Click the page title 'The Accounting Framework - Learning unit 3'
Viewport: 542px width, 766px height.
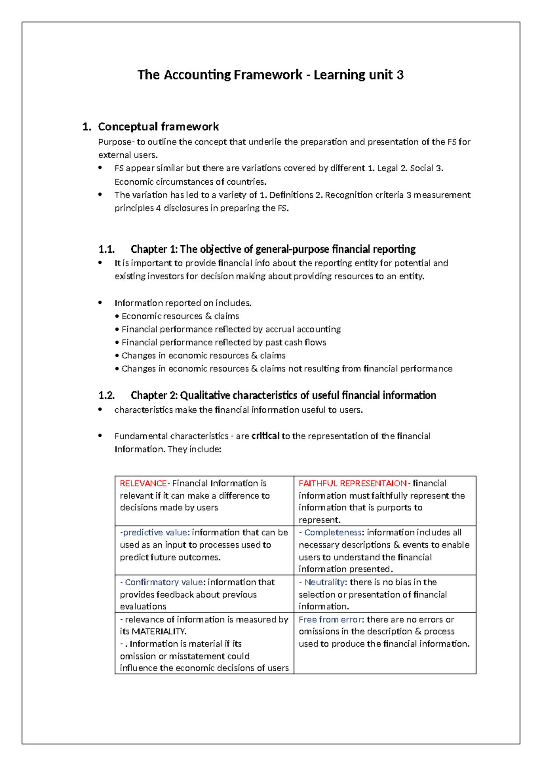coord(270,75)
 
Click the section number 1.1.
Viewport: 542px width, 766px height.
coord(107,249)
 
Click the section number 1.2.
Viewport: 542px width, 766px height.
coord(107,396)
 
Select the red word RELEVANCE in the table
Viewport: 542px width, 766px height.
coord(143,483)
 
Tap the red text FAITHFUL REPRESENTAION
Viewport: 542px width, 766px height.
coord(352,483)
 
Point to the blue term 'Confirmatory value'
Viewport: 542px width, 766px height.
coord(164,582)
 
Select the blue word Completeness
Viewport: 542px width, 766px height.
coord(333,532)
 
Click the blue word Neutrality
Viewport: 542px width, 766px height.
coord(325,582)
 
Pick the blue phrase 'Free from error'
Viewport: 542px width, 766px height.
coord(331,620)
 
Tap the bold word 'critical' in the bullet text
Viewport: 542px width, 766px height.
coord(265,436)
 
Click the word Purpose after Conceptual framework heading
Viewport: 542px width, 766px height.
coord(115,142)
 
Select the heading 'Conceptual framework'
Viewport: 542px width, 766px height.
coord(158,126)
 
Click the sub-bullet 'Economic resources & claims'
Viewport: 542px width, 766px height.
coord(180,316)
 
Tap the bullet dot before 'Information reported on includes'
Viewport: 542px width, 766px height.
coord(100,303)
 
